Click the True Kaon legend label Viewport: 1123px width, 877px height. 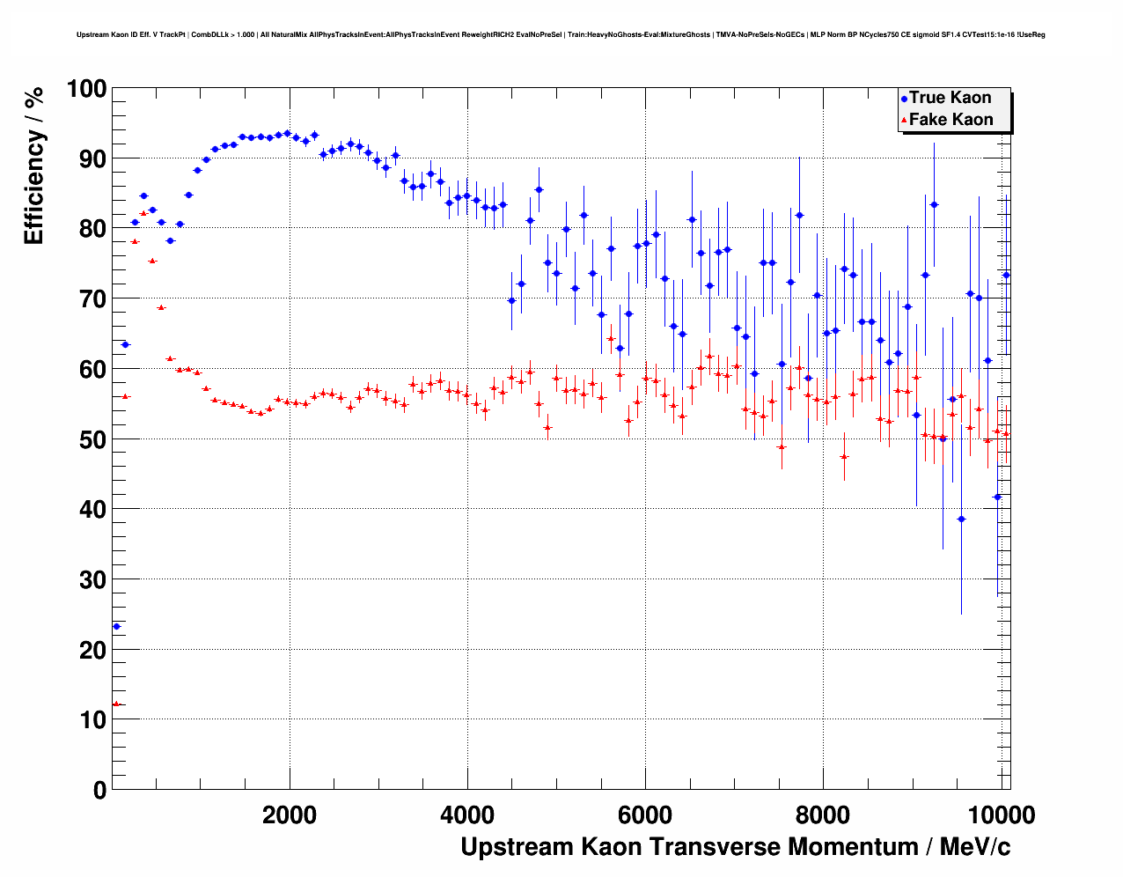click(x=950, y=98)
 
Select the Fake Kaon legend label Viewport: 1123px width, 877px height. click(x=951, y=120)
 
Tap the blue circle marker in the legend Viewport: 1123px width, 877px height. click(x=904, y=99)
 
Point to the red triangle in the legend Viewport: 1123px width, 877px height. click(x=904, y=121)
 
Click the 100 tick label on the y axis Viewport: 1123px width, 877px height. click(x=86, y=89)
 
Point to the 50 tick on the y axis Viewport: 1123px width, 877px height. click(x=92, y=439)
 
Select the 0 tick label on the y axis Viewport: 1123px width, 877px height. click(x=99, y=790)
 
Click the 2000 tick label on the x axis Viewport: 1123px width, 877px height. click(x=290, y=814)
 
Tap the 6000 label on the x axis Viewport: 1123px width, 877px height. click(x=645, y=814)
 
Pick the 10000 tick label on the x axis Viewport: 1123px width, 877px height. click(x=1000, y=814)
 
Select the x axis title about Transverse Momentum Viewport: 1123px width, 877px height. click(x=735, y=847)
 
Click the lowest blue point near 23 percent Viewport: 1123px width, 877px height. click(x=116, y=626)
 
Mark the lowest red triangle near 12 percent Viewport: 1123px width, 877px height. click(x=116, y=704)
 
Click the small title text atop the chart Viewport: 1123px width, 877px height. click(x=561, y=35)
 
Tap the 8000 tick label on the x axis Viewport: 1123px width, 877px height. click(x=823, y=814)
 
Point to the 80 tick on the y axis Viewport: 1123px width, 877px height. click(x=92, y=229)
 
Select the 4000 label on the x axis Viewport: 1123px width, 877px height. click(x=467, y=814)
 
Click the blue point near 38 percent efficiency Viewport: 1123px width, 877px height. click(x=961, y=519)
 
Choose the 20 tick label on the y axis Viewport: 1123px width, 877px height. click(x=92, y=650)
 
